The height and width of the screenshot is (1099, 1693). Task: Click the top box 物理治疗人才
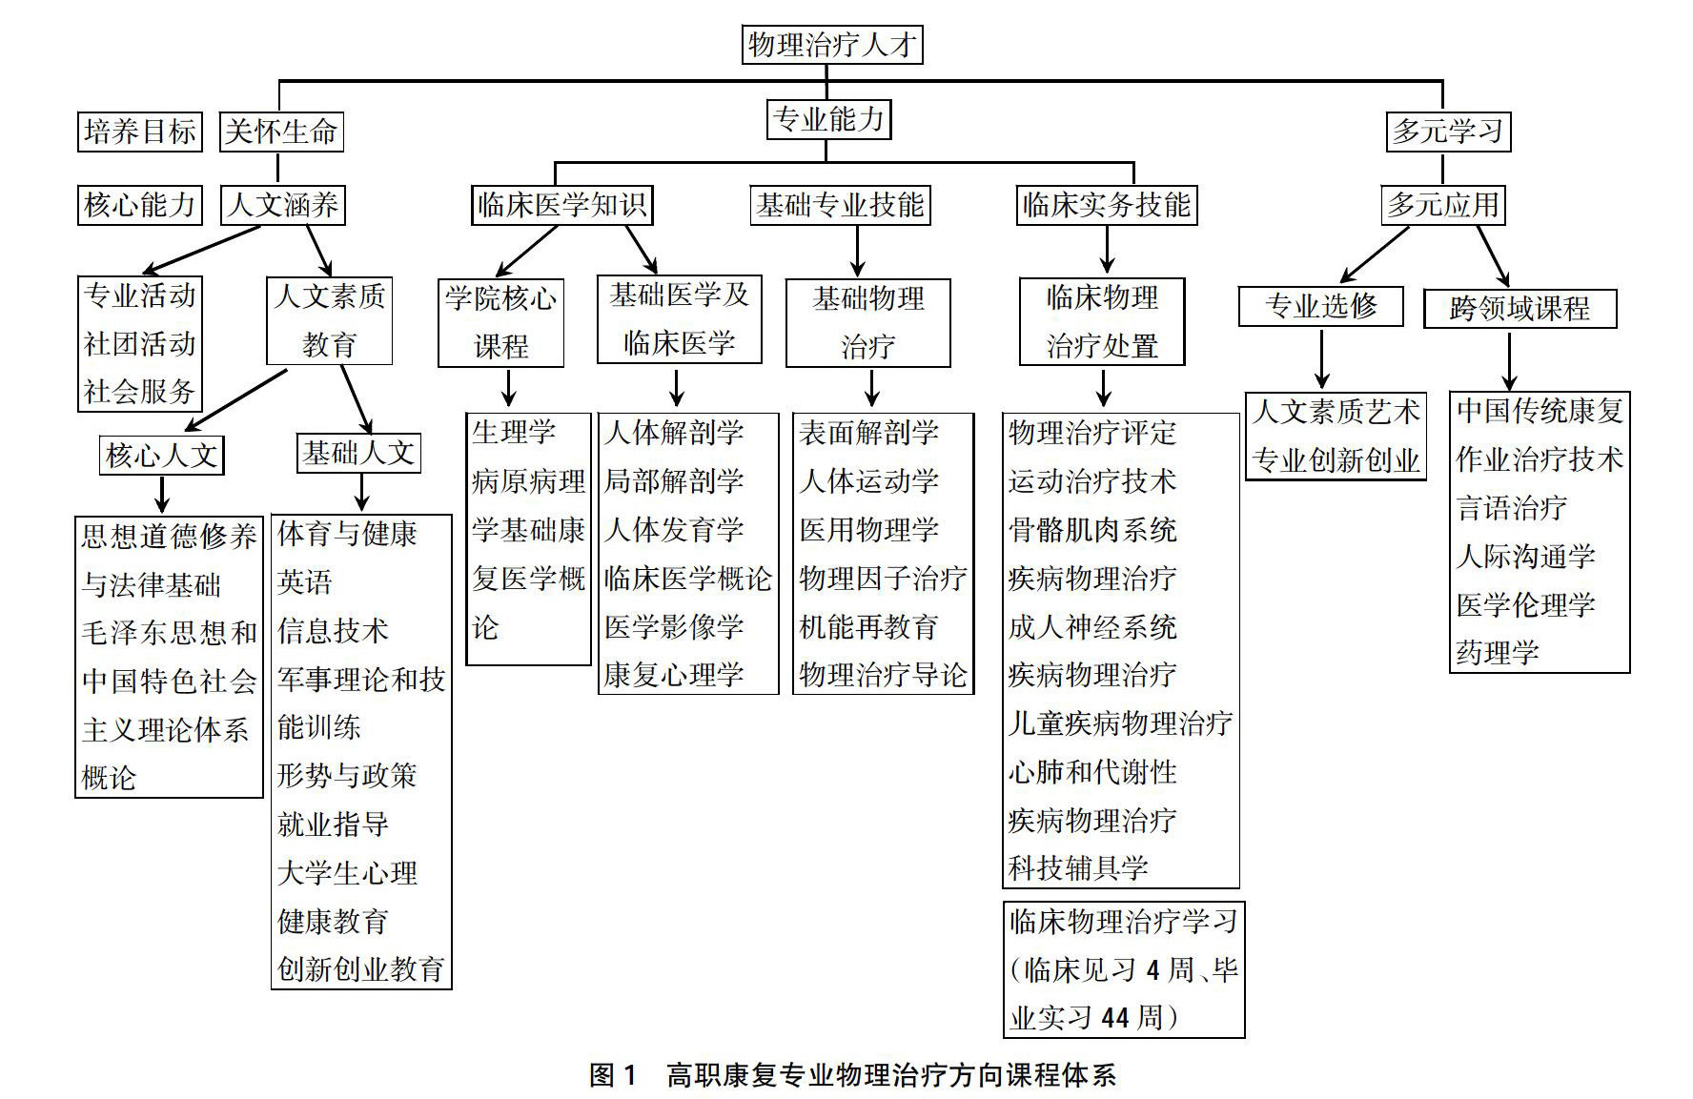click(831, 45)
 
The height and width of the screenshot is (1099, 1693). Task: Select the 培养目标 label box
click(139, 132)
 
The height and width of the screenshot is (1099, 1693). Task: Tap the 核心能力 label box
click(139, 205)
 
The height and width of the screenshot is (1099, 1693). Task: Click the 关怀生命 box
click(280, 132)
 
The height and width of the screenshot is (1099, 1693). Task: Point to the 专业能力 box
click(828, 120)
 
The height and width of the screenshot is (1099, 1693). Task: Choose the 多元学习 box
click(1447, 132)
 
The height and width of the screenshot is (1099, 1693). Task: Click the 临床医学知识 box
click(561, 205)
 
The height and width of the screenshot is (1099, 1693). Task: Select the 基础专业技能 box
click(839, 205)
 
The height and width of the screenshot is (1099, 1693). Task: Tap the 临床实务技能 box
click(1106, 205)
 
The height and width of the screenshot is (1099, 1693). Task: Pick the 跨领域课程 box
click(1520, 309)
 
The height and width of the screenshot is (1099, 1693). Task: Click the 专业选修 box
click(1320, 306)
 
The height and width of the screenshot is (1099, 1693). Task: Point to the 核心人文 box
click(162, 456)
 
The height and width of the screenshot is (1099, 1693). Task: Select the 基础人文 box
click(358, 453)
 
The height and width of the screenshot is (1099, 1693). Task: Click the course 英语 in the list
click(304, 582)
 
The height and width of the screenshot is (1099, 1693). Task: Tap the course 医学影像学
click(673, 627)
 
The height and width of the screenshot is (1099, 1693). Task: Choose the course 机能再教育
click(868, 627)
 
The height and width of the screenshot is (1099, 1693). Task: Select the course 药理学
click(1497, 653)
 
